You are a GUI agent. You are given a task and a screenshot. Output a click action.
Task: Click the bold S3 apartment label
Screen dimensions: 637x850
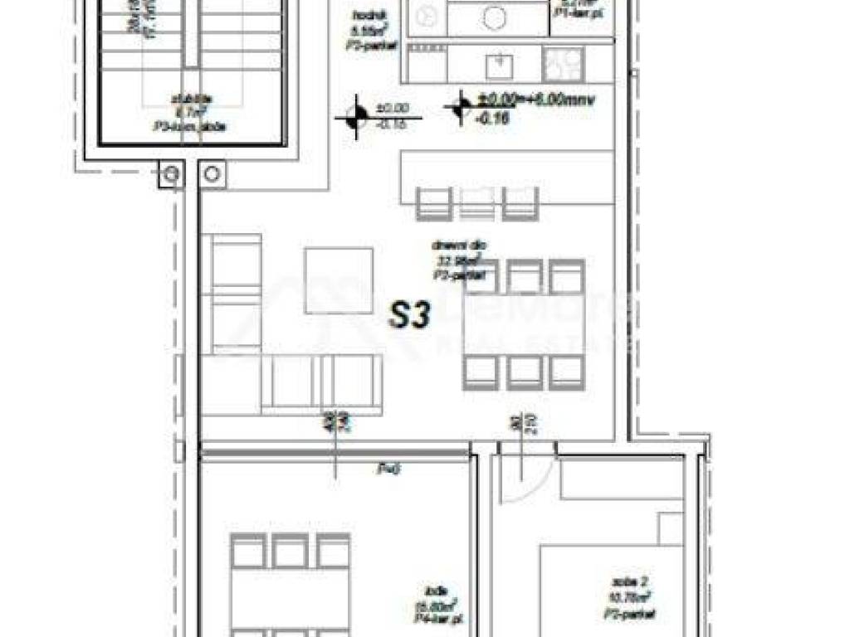pos(409,316)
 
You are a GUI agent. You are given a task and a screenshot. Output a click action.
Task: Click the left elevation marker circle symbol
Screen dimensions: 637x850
pos(356,118)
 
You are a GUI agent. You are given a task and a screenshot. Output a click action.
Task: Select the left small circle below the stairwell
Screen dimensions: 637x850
pos(170,174)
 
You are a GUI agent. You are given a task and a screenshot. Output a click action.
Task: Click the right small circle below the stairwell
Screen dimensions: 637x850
pos(212,174)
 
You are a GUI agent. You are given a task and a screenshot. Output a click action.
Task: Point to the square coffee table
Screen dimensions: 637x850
pos(338,280)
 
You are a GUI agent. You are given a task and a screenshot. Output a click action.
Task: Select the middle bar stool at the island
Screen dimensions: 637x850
pos(476,202)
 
